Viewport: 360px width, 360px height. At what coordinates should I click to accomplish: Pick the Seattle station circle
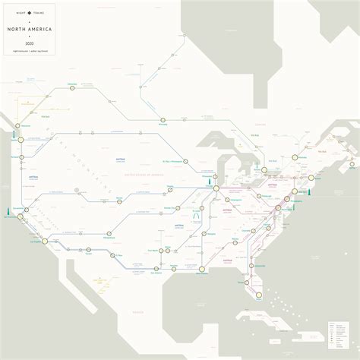(x=21, y=139)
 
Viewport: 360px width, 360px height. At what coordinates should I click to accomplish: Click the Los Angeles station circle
(x=45, y=242)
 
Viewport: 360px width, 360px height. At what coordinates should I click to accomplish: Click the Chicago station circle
(x=216, y=187)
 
